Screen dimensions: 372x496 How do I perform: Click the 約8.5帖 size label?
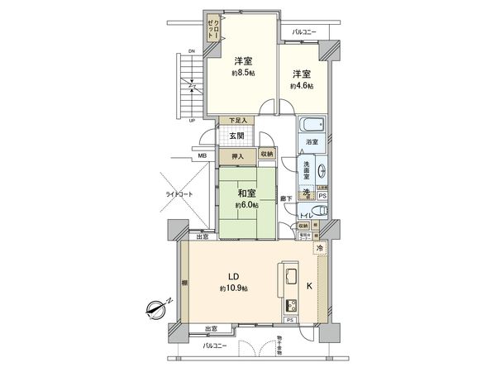point(242,73)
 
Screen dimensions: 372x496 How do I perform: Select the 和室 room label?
point(246,193)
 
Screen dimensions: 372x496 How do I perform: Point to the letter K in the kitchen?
point(310,287)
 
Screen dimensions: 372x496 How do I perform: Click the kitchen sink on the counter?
point(293,275)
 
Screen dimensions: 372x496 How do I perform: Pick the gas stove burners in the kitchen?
point(292,303)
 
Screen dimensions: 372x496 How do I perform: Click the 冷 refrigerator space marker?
point(319,247)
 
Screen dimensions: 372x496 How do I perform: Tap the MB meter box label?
point(203,155)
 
